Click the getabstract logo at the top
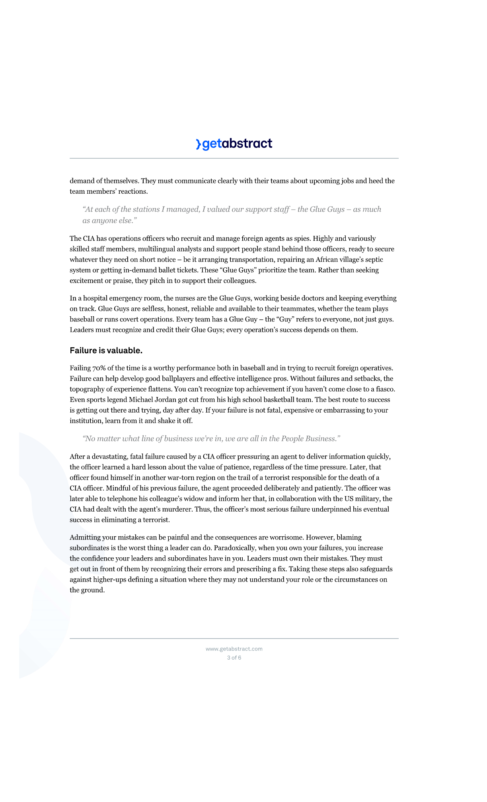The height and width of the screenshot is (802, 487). [x=234, y=144]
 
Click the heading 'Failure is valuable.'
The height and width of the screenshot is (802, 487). [x=106, y=350]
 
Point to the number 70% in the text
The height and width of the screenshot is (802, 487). [x=99, y=368]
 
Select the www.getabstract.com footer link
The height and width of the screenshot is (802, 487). [x=234, y=649]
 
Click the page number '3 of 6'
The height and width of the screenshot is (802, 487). [x=234, y=658]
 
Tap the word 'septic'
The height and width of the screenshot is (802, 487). [x=374, y=259]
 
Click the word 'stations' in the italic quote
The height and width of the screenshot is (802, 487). [x=146, y=209]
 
